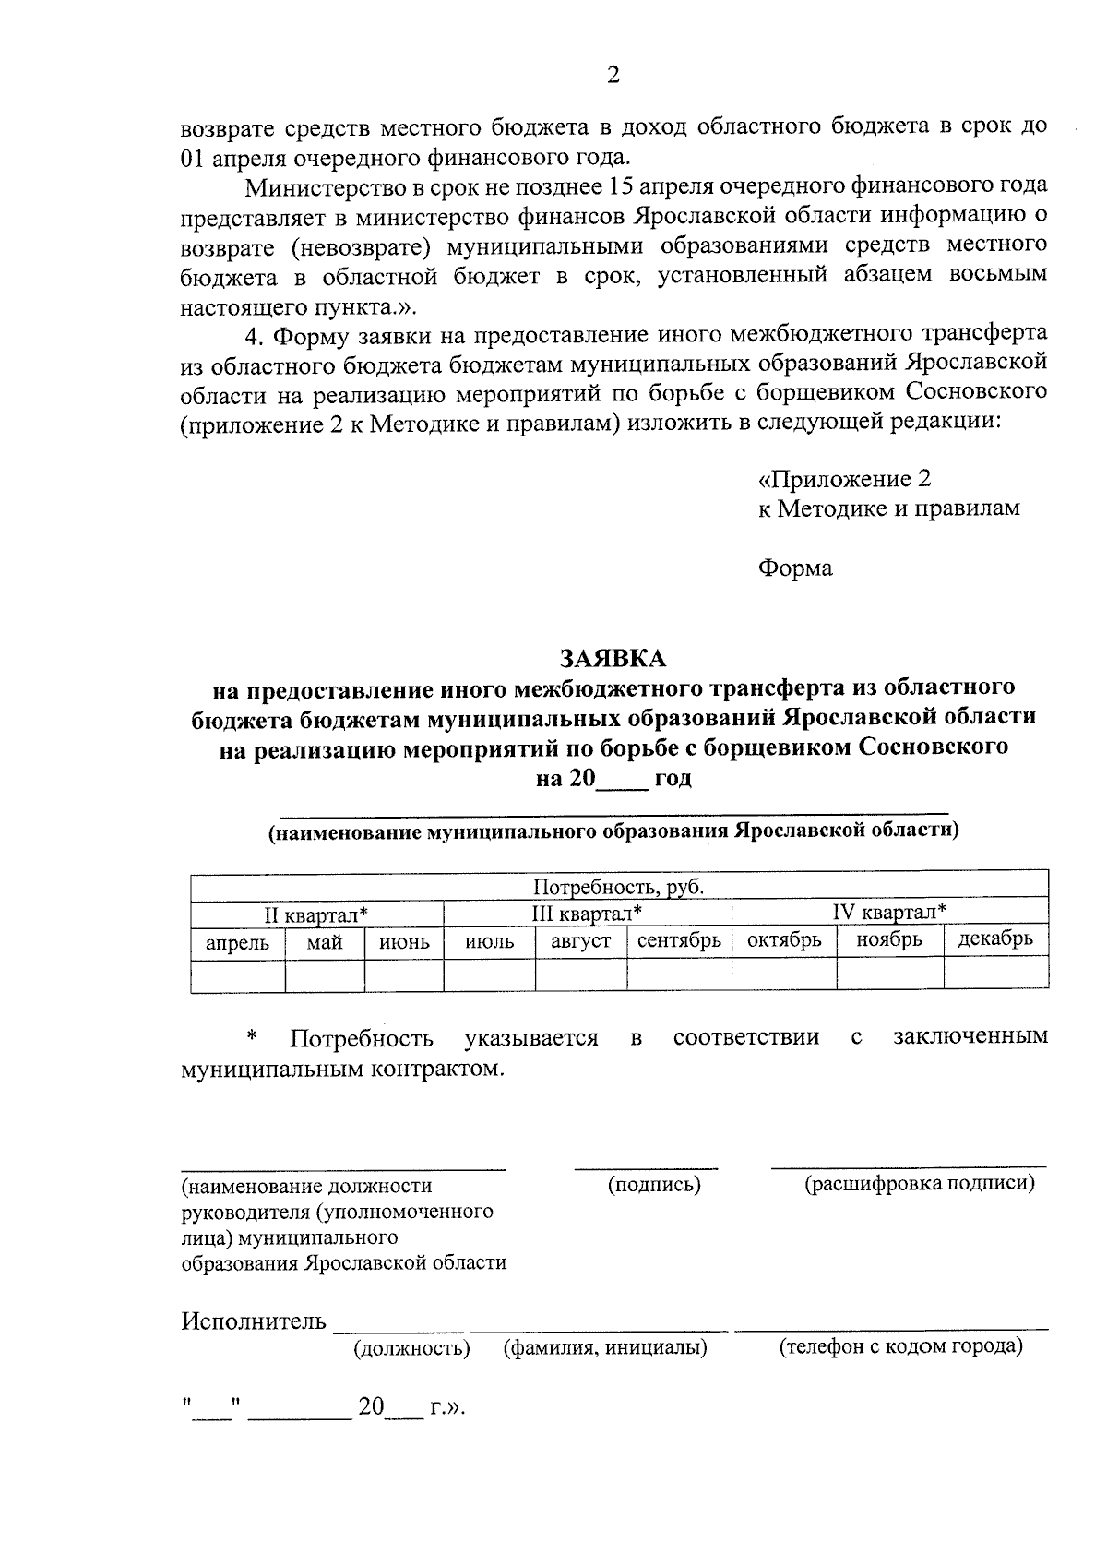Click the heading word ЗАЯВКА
click(x=613, y=658)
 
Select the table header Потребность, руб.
click(x=619, y=887)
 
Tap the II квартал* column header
click(x=316, y=914)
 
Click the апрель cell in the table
click(x=237, y=942)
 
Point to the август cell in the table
click(x=580, y=941)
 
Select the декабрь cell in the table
click(x=995, y=939)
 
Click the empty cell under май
click(x=325, y=974)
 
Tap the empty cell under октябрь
click(x=784, y=974)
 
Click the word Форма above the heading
click(x=795, y=568)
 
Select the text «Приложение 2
click(x=844, y=479)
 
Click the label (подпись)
click(x=654, y=1184)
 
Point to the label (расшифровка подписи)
click(x=920, y=1183)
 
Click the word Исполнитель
click(x=254, y=1321)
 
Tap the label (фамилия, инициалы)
click(x=605, y=1348)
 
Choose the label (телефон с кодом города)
click(x=901, y=1346)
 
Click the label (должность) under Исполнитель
click(x=411, y=1348)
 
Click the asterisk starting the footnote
click(x=250, y=1037)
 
